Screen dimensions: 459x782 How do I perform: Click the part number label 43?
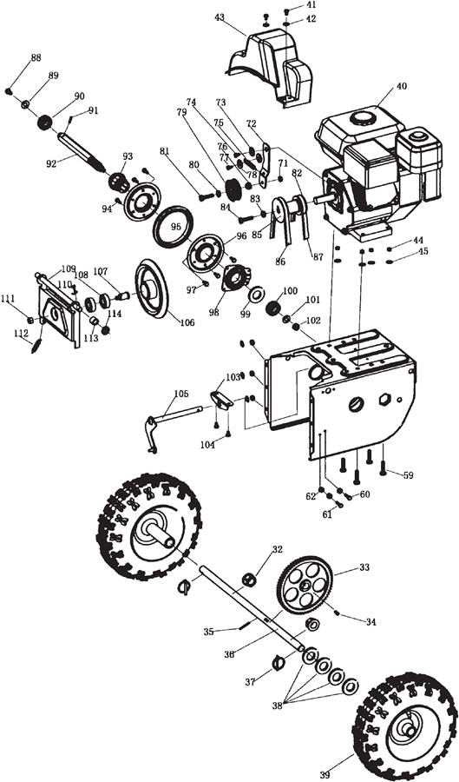point(220,17)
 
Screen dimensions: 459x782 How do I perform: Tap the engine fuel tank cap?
point(363,118)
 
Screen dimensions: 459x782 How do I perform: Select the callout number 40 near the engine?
point(401,86)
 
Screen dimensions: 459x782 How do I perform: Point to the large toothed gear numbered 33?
point(305,584)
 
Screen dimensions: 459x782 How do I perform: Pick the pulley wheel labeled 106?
point(151,288)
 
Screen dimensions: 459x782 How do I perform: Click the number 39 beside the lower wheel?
point(325,774)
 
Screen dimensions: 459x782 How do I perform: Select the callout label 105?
point(181,394)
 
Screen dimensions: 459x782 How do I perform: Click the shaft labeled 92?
point(82,151)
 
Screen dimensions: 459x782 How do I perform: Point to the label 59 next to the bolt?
point(408,475)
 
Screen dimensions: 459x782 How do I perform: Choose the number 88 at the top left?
point(36,58)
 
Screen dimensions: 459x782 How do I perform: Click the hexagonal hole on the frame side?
point(384,399)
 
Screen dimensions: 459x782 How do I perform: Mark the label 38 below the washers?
point(278,706)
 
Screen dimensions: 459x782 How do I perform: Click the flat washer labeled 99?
point(256,295)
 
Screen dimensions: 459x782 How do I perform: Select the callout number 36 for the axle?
point(229,653)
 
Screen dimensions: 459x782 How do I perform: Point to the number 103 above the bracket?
point(233,377)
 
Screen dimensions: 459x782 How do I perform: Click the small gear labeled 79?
point(233,189)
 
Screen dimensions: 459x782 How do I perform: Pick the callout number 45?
point(423,251)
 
